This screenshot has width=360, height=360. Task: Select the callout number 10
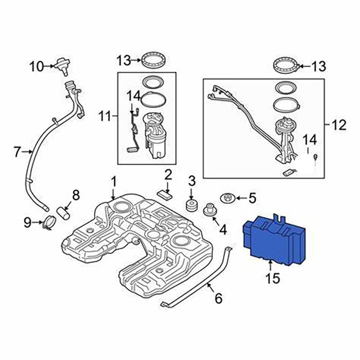coord(37,67)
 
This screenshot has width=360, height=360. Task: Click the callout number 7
coord(18,153)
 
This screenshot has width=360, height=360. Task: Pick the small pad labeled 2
coord(165,193)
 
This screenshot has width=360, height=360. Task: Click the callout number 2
coord(167,174)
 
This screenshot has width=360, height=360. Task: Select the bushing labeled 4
coord(210,210)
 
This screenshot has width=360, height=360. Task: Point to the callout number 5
coord(252,198)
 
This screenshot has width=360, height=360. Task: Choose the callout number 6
coord(218,297)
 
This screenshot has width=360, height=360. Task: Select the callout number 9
coord(27,221)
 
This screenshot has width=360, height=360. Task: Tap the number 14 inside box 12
coord(310,139)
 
